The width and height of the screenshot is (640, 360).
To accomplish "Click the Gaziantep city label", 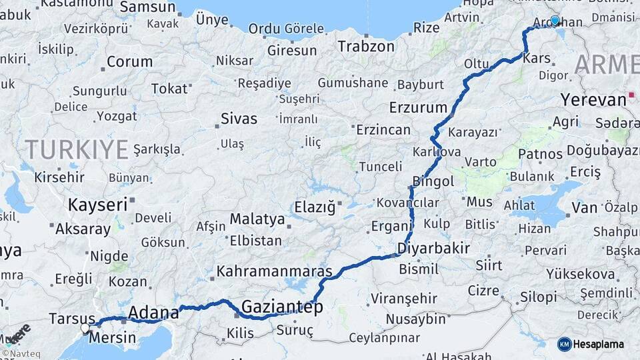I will tap(282, 307).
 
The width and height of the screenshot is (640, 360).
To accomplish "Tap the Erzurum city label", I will tap(418, 107).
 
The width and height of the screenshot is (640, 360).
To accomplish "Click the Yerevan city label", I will tap(593, 100).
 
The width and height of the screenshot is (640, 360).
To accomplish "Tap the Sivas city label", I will tap(239, 119).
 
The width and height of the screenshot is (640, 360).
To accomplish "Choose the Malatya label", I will tap(257, 219).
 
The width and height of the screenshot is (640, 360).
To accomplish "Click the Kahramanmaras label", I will tap(275, 272).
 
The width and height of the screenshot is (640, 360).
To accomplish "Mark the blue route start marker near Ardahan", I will tap(555, 21).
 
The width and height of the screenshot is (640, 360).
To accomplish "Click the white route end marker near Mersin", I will tap(85, 328).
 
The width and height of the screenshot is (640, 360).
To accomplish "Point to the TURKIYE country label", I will tap(77, 149).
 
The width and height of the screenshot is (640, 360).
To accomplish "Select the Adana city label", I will tap(153, 312).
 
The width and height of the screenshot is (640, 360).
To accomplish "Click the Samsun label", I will tap(147, 8).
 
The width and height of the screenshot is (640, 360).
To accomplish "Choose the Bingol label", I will tap(433, 181).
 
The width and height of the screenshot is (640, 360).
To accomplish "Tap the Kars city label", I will tap(537, 59).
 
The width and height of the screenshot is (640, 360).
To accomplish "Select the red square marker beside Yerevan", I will tap(631, 95).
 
